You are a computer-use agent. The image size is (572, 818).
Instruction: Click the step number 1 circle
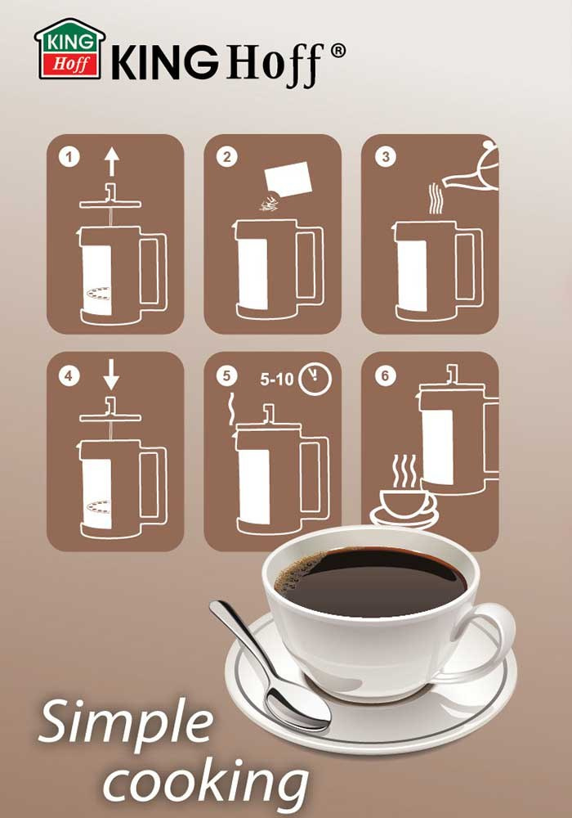[69, 156]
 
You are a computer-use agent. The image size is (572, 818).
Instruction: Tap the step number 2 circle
[226, 156]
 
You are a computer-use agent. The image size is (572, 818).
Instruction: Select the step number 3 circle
[386, 156]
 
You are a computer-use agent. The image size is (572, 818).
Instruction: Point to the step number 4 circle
[69, 375]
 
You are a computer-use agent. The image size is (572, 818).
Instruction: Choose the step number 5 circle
[226, 375]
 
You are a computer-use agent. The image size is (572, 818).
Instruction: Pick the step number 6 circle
[385, 375]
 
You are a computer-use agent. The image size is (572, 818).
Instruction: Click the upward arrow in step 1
[111, 161]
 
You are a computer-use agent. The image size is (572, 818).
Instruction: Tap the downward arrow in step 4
[111, 375]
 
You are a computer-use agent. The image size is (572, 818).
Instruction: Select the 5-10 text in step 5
[277, 379]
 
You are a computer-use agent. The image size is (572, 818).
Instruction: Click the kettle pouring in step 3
[471, 167]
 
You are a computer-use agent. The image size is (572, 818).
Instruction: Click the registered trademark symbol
[337, 51]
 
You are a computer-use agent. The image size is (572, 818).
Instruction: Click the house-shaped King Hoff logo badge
[69, 50]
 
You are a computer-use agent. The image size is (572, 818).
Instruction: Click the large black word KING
[165, 61]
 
